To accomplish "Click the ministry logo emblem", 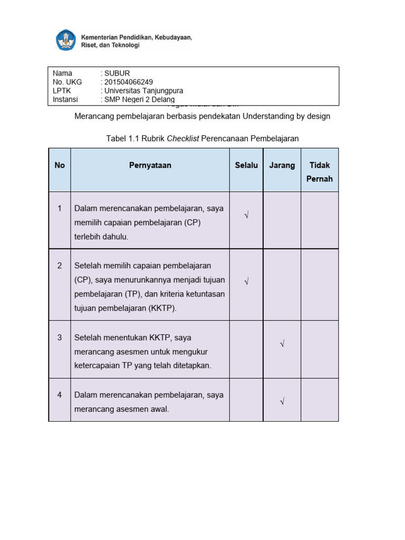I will (66, 41).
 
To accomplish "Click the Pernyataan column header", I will (150, 165).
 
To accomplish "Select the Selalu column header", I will (246, 165).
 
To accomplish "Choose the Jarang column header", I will (282, 165).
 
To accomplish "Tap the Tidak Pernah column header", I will (320, 172).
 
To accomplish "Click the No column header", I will (60, 165).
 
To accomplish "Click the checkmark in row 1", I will (246, 215).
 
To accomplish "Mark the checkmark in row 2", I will (246, 282).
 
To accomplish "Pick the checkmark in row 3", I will (282, 344).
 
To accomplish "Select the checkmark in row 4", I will (282, 402).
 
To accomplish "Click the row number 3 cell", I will (60, 337).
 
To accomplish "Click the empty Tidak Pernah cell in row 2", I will (320, 285).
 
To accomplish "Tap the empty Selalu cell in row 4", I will (246, 400).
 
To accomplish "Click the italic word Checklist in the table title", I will (183, 138).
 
